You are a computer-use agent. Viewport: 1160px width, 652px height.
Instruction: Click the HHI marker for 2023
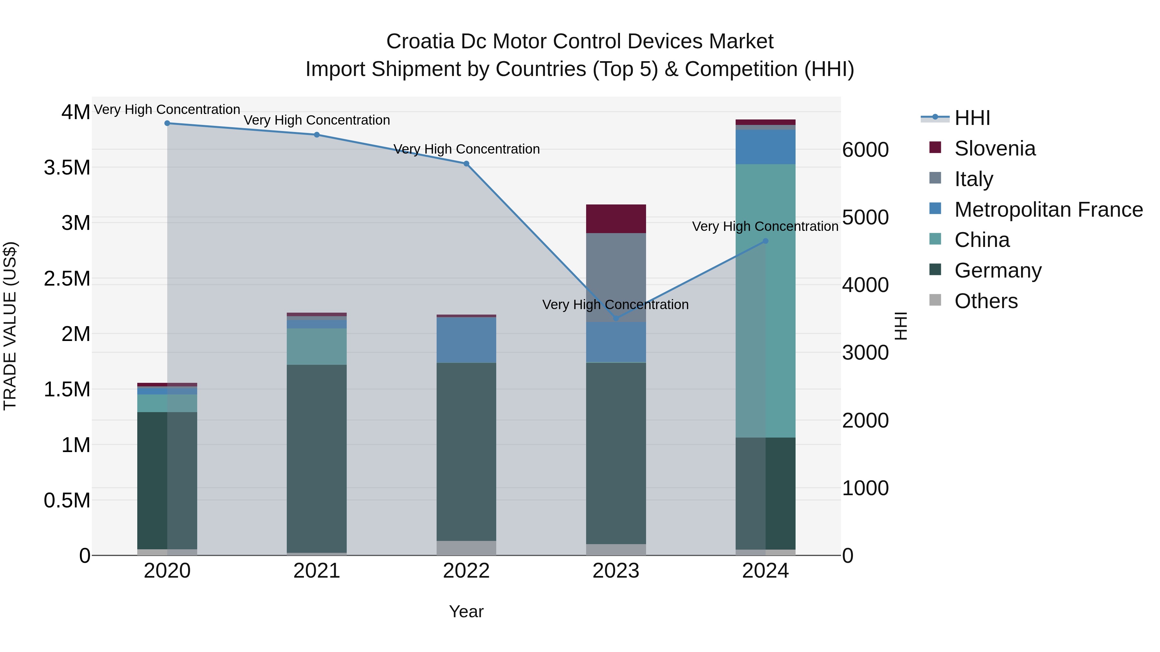coord(615,318)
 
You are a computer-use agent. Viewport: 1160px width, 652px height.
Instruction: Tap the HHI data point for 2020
coord(167,123)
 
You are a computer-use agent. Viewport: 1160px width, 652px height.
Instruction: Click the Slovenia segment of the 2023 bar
coord(615,219)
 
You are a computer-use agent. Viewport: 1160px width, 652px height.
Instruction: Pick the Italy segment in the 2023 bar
coord(615,277)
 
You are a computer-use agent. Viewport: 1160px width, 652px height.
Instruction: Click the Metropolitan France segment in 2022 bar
coord(466,340)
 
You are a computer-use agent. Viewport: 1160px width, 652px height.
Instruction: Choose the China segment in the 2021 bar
coord(316,346)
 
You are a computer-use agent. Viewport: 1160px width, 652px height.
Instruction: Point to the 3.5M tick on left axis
coord(67,167)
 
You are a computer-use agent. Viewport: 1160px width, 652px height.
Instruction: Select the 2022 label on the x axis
coord(466,571)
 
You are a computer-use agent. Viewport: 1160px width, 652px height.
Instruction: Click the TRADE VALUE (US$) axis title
coord(10,326)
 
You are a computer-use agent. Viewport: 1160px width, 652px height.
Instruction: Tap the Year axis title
coord(466,611)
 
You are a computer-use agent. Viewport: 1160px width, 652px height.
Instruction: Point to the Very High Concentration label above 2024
coord(765,226)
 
